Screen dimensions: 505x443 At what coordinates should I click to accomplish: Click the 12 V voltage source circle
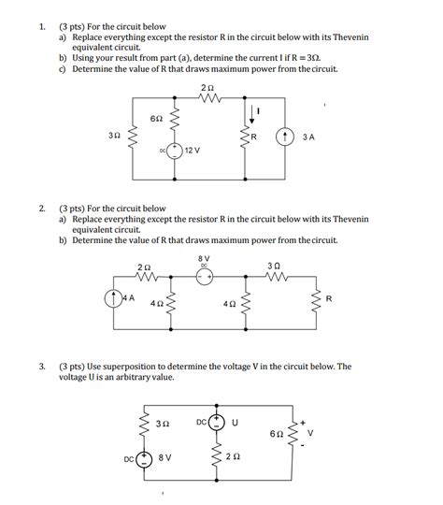pyautogui.click(x=174, y=151)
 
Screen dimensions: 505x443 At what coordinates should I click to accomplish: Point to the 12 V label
pyautogui.click(x=194, y=150)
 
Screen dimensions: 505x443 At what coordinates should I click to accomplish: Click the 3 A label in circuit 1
pyautogui.click(x=309, y=136)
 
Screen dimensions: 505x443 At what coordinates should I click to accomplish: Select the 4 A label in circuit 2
pyautogui.click(x=131, y=297)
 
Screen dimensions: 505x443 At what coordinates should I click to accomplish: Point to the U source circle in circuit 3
pyautogui.click(x=217, y=422)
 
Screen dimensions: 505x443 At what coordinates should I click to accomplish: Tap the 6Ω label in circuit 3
pyautogui.click(x=274, y=435)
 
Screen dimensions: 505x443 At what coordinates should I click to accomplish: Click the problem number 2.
pyautogui.click(x=41, y=209)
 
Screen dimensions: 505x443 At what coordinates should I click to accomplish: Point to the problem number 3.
pyautogui.click(x=41, y=367)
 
